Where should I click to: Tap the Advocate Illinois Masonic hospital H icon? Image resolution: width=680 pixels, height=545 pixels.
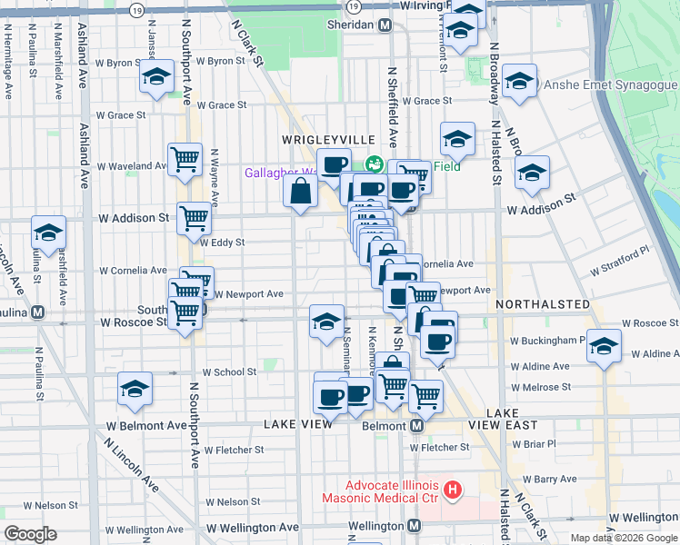pyautogui.click(x=453, y=491)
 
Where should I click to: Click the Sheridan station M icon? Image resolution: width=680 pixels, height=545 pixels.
pyautogui.click(x=385, y=25)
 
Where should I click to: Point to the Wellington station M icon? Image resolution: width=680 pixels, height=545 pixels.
pyautogui.click(x=414, y=526)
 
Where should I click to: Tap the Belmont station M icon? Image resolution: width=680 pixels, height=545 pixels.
pyautogui.click(x=417, y=426)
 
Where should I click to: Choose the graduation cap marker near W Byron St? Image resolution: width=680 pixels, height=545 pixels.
pyautogui.click(x=156, y=77)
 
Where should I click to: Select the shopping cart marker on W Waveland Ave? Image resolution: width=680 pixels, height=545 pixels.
pyautogui.click(x=185, y=159)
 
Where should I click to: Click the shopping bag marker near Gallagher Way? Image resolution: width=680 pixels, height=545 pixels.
pyautogui.click(x=300, y=192)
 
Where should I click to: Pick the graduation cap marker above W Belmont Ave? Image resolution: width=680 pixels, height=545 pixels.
pyautogui.click(x=135, y=390)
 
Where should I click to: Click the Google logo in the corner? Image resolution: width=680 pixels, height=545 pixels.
pyautogui.click(x=31, y=534)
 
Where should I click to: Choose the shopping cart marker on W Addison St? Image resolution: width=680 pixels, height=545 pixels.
pyautogui.click(x=194, y=218)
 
